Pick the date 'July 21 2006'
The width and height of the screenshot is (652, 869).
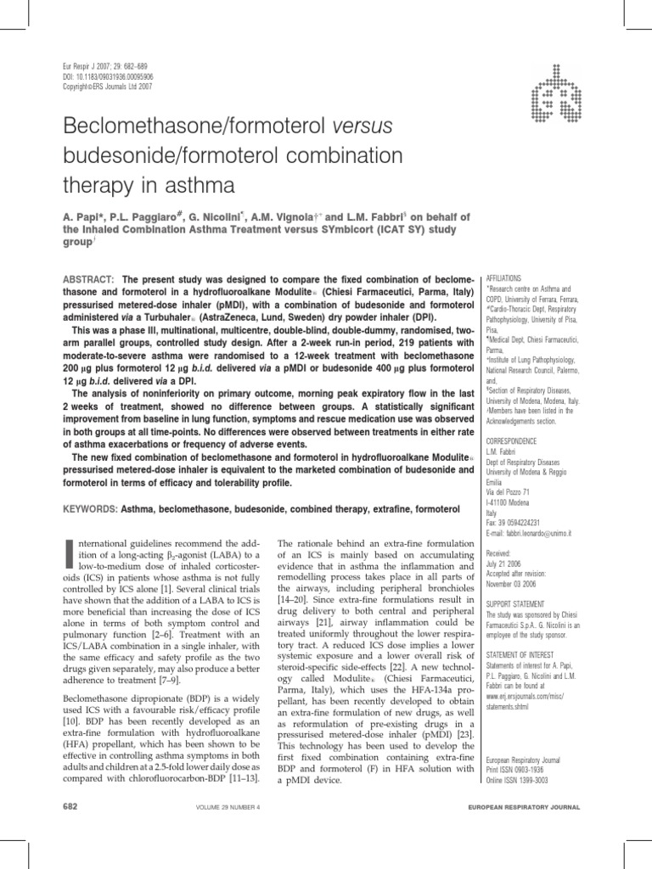[503, 563]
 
